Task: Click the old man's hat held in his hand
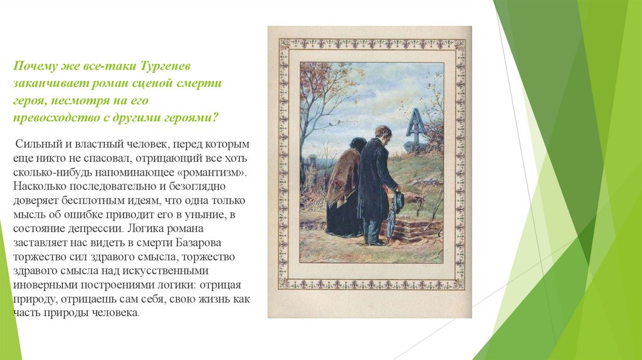(x=397, y=202)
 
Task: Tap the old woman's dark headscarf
(x=357, y=144)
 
